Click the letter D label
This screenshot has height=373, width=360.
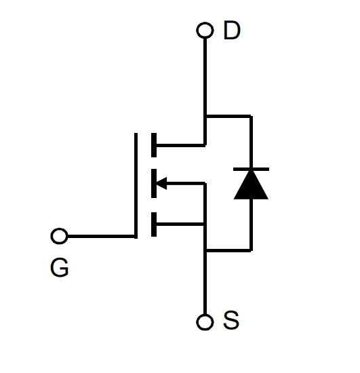232,31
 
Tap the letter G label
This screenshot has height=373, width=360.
60,268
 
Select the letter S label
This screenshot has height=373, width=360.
231,320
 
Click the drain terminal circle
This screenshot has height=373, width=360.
205,31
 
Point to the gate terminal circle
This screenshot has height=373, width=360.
59,236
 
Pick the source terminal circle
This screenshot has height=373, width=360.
205,322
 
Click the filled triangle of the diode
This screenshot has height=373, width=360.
251,185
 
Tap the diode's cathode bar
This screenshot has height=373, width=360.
251,169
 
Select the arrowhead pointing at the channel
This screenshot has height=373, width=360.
161,183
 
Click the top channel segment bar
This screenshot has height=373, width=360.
154,145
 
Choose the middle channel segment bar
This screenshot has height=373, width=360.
154,183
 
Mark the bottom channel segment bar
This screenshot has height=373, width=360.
154,224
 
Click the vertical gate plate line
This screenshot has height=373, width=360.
136,186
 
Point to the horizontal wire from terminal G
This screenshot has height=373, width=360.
101,236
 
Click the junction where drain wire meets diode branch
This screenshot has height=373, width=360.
205,116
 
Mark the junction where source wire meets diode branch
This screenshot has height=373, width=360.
205,250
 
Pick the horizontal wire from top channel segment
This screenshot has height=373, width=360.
180,145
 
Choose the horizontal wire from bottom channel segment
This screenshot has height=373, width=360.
180,224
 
